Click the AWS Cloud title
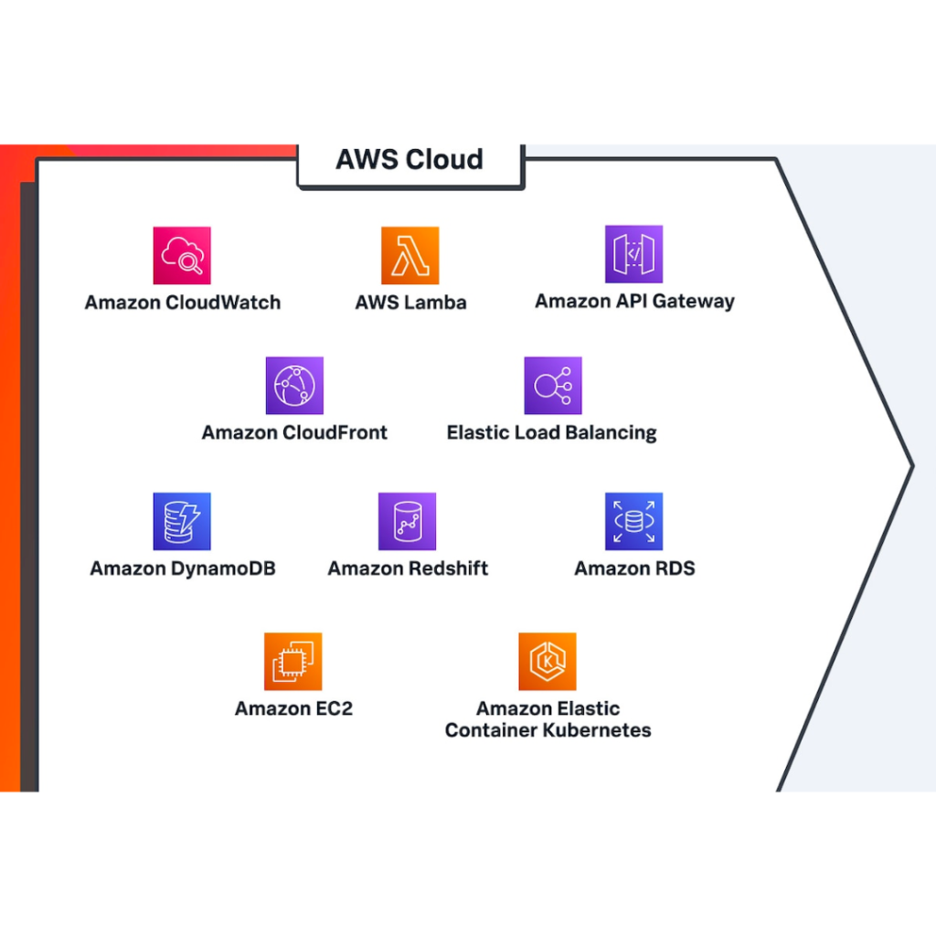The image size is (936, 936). pyautogui.click(x=409, y=160)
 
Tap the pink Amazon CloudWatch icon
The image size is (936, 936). pyautogui.click(x=182, y=255)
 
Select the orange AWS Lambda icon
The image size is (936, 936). pyautogui.click(x=409, y=255)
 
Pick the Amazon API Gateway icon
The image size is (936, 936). pyautogui.click(x=633, y=254)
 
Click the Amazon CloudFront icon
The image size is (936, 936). pyautogui.click(x=294, y=386)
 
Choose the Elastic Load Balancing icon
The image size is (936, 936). pyautogui.click(x=552, y=386)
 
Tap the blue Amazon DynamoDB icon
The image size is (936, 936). pyautogui.click(x=182, y=521)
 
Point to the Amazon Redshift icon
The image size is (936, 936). pyautogui.click(x=407, y=521)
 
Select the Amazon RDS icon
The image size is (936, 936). pyautogui.click(x=633, y=521)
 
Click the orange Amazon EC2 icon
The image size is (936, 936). pyautogui.click(x=293, y=661)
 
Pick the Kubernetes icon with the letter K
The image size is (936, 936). pyautogui.click(x=547, y=661)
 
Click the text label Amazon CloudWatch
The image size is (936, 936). pyautogui.click(x=183, y=303)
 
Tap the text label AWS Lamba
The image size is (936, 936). pyautogui.click(x=410, y=303)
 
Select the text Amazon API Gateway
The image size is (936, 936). pyautogui.click(x=634, y=301)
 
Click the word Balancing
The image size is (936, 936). pyautogui.click(x=612, y=433)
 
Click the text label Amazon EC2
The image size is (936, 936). pyautogui.click(x=293, y=708)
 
